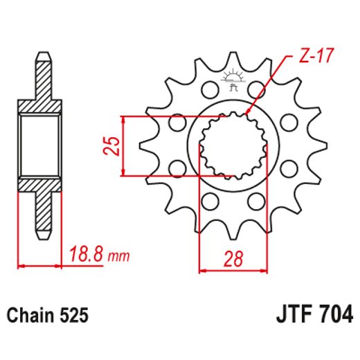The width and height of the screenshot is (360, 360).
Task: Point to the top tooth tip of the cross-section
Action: (43, 55)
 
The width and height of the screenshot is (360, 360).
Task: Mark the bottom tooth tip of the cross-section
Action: (43, 235)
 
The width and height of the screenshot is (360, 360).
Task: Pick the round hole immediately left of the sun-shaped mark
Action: (206, 90)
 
